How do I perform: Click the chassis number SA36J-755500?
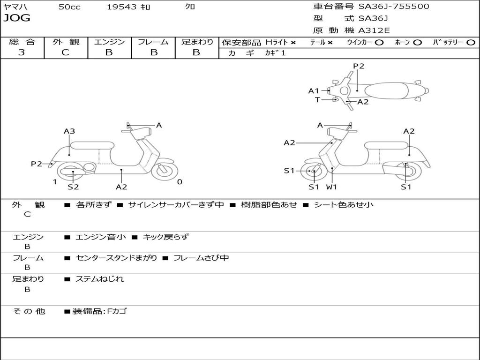click(x=394, y=7)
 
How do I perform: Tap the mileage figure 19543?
click(x=121, y=7)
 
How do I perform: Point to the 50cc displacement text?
click(x=69, y=7)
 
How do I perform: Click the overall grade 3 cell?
click(x=22, y=52)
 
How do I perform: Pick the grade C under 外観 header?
click(x=66, y=52)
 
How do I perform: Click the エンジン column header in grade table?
click(x=110, y=42)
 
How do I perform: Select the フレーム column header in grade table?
click(x=153, y=42)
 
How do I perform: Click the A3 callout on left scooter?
click(x=69, y=132)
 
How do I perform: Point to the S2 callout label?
click(x=73, y=187)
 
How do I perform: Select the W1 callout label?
click(x=332, y=187)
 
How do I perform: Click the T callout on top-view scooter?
click(x=317, y=99)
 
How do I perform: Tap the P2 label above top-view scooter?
click(x=359, y=66)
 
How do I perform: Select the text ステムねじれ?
click(x=100, y=279)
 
